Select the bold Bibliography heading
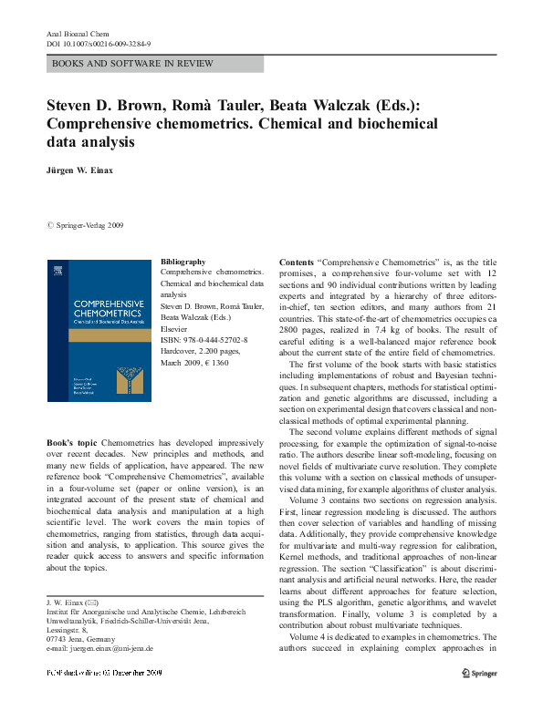pyautogui.click(x=183, y=262)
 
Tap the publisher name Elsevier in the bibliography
pyautogui.click(x=174, y=328)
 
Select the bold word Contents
pyautogui.click(x=298, y=262)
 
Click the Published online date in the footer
pyautogui.click(x=104, y=672)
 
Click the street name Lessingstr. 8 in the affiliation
pyautogui.click(x=67, y=629)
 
